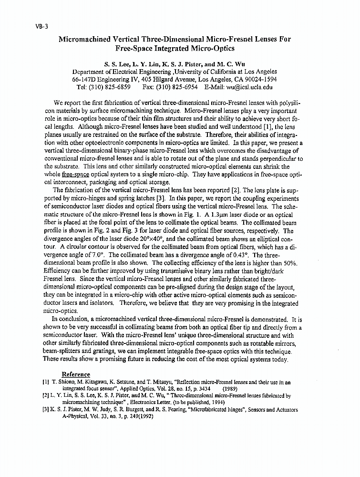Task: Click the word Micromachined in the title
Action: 85,39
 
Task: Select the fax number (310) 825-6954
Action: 178,87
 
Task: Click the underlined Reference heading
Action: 76,374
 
